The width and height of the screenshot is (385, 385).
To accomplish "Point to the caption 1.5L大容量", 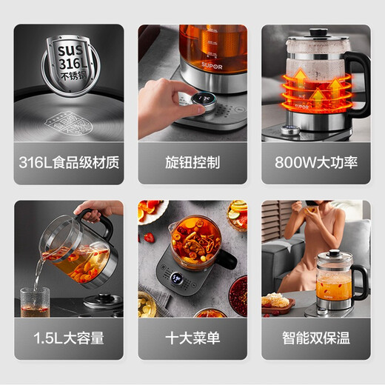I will click(x=68, y=338).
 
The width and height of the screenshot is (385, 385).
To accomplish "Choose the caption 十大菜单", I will click(x=192, y=338).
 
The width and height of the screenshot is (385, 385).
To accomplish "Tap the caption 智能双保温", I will click(x=316, y=338).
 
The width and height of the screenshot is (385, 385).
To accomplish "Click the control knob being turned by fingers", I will click(x=205, y=103).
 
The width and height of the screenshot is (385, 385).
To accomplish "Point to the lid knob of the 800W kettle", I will click(x=319, y=32).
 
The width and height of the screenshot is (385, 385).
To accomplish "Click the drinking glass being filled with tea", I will click(x=34, y=301).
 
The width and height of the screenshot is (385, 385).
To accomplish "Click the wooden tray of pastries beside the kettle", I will click(x=278, y=303).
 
